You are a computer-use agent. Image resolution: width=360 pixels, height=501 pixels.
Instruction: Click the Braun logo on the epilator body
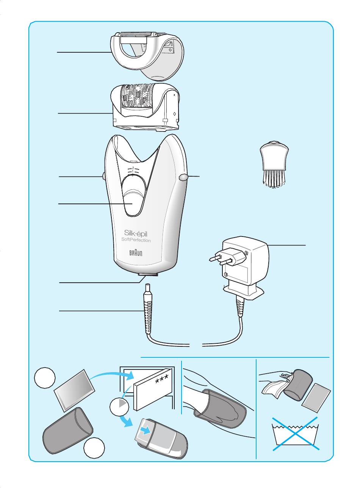[136, 253]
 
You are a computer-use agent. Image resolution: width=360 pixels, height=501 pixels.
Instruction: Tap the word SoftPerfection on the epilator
[136, 240]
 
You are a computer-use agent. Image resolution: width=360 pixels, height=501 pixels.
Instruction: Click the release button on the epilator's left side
[104, 177]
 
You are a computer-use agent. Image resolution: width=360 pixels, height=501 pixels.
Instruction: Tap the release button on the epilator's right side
[183, 177]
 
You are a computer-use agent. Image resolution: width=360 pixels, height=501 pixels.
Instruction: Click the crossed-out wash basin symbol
[296, 434]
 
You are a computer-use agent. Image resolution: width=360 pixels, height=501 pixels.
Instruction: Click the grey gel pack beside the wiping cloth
[316, 398]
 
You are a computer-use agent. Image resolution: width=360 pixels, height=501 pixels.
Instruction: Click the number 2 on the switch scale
[133, 168]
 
